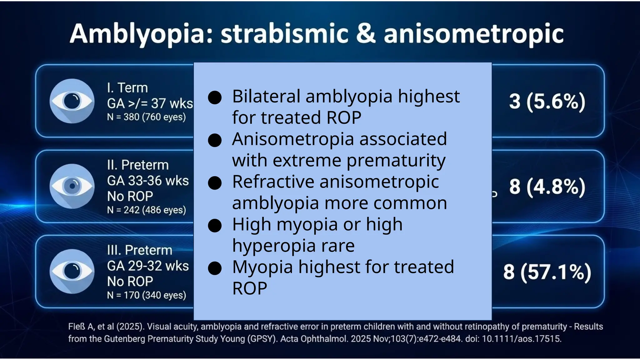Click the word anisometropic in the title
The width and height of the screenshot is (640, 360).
point(473,34)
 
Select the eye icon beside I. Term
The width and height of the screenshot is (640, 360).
point(72,101)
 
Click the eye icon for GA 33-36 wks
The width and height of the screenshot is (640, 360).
point(72,186)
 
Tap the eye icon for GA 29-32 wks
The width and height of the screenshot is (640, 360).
point(72,271)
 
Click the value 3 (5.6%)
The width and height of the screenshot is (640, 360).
point(547,102)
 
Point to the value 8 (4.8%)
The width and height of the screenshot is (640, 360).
point(547,187)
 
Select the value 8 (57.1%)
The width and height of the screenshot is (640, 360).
point(547,272)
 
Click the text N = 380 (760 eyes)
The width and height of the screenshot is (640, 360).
point(146,117)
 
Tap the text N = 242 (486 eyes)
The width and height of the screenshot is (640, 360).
point(146,210)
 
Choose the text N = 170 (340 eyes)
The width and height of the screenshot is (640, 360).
point(146,295)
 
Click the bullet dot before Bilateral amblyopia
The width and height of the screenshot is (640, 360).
point(215,97)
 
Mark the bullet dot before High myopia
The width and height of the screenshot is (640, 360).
point(215,226)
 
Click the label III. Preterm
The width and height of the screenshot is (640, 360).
point(139,250)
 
